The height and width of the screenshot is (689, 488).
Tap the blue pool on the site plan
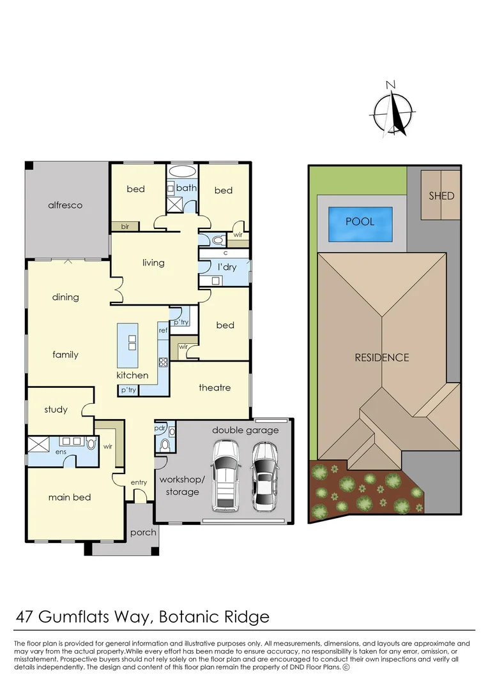pyautogui.click(x=360, y=222)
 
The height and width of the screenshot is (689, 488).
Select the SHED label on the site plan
pyautogui.click(x=441, y=195)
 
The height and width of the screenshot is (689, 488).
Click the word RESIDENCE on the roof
pyautogui.click(x=381, y=357)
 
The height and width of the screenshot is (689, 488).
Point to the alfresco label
pyautogui.click(x=65, y=205)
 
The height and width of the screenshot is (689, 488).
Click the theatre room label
pyautogui.click(x=214, y=388)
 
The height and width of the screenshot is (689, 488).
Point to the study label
pyautogui.click(x=56, y=410)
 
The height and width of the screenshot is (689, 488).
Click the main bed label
pyautogui.click(x=70, y=497)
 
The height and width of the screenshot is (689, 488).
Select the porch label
pyautogui.click(x=143, y=532)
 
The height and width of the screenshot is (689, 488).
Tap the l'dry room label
pyautogui.click(x=227, y=267)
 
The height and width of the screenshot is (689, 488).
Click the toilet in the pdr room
pyautogui.click(x=165, y=444)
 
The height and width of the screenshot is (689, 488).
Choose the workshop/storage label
pyautogui.click(x=179, y=485)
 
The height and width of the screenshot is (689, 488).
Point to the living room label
pyautogui.click(x=153, y=263)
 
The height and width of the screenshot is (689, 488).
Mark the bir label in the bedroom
pyautogui.click(x=125, y=226)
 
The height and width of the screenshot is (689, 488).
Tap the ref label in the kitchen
pyautogui.click(x=163, y=330)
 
